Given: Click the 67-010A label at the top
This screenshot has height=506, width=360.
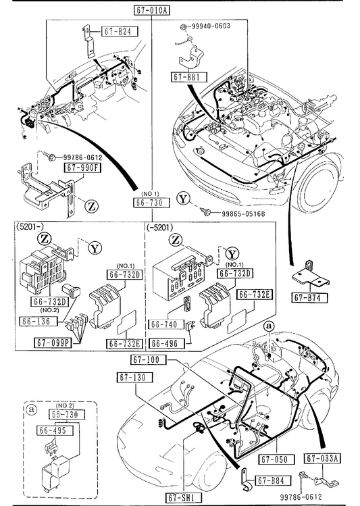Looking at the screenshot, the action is (x=151, y=10).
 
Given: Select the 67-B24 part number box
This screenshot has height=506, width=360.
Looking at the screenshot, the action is (x=120, y=31).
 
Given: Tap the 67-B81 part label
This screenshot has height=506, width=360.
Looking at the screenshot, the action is (x=189, y=77).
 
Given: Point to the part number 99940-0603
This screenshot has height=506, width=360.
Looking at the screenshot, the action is (x=211, y=26).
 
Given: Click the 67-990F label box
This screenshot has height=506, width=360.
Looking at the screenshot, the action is (x=82, y=168).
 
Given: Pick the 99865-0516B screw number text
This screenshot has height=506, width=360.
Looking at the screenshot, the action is (x=243, y=213).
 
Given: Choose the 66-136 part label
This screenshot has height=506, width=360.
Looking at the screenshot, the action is (x=38, y=322).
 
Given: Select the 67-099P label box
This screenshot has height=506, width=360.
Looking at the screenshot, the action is (x=53, y=343).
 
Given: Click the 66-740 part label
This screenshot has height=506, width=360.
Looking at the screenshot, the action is (x=166, y=324).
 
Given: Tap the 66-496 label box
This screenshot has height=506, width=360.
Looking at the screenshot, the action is (x=167, y=343).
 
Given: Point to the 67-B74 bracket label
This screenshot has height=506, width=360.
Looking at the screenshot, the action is (x=310, y=297).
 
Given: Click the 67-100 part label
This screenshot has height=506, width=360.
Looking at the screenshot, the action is (x=149, y=359).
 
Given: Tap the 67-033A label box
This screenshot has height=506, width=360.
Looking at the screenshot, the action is (x=323, y=458).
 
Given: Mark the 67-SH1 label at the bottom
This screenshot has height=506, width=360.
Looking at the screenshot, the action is (x=183, y=498).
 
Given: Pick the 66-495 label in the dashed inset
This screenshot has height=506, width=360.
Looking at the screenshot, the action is (x=55, y=430).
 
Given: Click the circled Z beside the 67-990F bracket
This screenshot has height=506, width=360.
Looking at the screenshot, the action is (x=92, y=206).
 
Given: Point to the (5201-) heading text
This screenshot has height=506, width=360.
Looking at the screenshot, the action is (x=29, y=227).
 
